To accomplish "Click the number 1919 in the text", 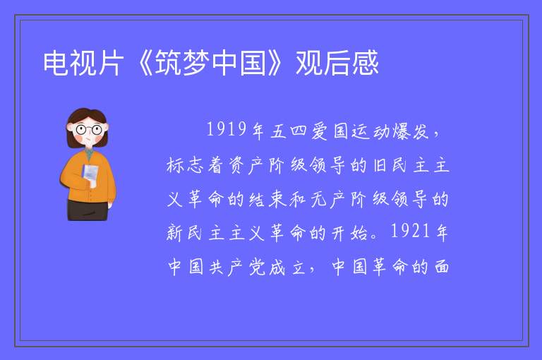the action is click(x=227, y=129).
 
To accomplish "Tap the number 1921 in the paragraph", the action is click(x=411, y=231).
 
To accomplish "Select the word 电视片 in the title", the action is click(x=83, y=63).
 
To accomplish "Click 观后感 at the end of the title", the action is click(x=337, y=63).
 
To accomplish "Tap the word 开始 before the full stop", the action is click(x=349, y=232).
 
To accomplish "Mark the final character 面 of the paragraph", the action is click(x=441, y=267).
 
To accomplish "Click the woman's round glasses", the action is click(x=89, y=130).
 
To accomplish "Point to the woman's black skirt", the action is click(x=88, y=210).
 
